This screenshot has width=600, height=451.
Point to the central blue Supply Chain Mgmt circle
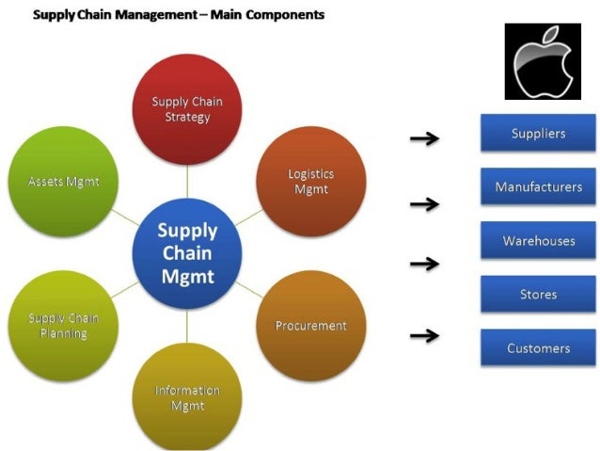187,252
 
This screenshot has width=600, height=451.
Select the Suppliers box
538,134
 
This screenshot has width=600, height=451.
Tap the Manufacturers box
538,187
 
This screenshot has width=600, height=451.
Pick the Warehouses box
538,241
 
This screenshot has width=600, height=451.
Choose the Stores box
538,295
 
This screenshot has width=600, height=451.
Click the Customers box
538,348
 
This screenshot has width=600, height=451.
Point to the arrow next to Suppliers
425,139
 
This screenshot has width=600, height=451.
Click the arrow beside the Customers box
425,335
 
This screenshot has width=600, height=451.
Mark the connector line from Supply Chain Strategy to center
187,178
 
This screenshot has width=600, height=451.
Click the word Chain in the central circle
187,253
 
